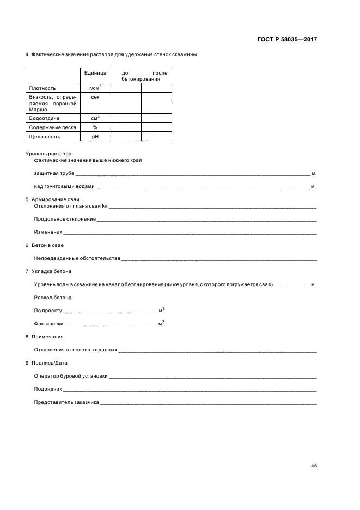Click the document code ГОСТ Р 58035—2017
click(x=286, y=40)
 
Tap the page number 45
click(x=314, y=466)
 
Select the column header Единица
click(x=95, y=73)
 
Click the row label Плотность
click(x=42, y=88)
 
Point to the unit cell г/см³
click(x=95, y=87)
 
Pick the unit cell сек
click(x=95, y=96)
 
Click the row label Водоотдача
click(x=45, y=118)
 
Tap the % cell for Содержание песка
click(x=95, y=127)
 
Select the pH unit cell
click(x=95, y=137)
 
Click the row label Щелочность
click(x=45, y=137)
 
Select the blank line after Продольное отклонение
click(x=206, y=220)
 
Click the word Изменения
click(x=48, y=232)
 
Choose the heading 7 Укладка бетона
click(x=48, y=271)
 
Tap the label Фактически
click(x=48, y=324)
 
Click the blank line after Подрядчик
click(x=190, y=390)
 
